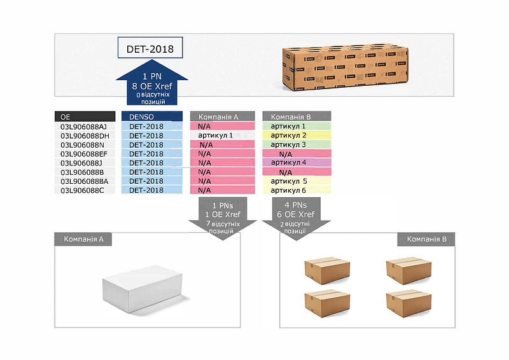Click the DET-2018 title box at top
150,48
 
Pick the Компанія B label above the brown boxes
426,240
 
